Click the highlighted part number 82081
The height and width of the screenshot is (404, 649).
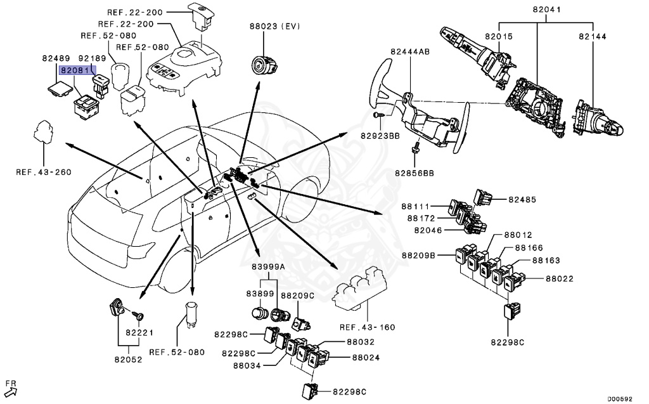click(x=76, y=72)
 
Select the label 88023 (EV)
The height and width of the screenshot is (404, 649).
click(x=275, y=26)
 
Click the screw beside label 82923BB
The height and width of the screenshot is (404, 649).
click(x=378, y=115)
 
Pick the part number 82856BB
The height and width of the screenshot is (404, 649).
click(x=414, y=172)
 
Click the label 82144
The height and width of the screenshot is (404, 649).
click(x=593, y=37)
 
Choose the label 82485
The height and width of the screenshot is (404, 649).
click(x=522, y=199)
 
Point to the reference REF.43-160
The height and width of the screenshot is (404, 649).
click(x=367, y=327)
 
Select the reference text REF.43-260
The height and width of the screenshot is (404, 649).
click(x=44, y=171)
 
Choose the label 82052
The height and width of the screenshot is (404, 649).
click(x=130, y=359)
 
